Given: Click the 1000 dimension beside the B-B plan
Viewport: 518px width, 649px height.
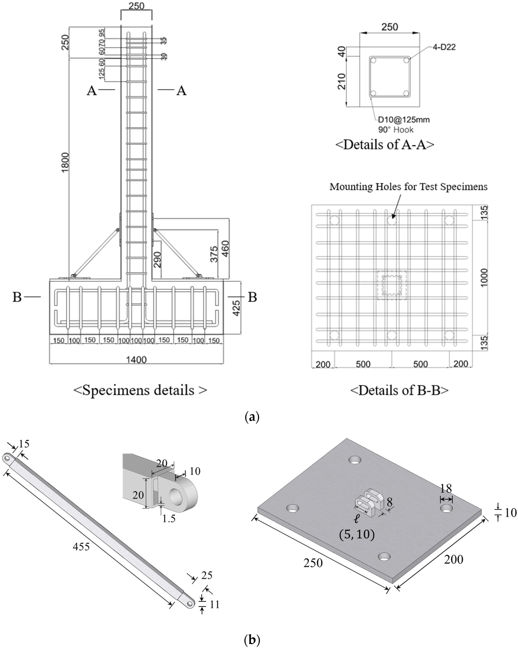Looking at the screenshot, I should coord(484,278).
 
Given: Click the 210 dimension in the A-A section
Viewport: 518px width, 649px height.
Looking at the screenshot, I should coord(341,81).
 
